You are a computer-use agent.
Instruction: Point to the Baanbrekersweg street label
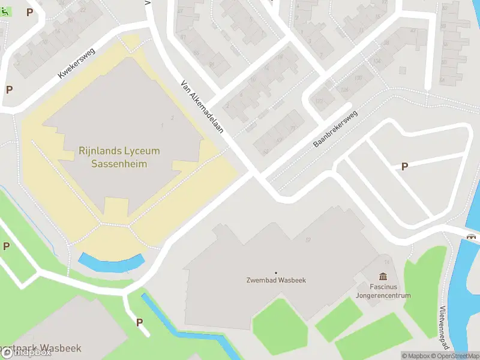pyautogui.click(x=335, y=128)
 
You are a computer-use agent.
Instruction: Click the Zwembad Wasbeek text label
pyautogui.click(x=275, y=280)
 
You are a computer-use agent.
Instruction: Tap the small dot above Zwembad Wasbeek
pyautogui.click(x=276, y=272)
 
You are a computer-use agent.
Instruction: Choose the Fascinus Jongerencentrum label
pyautogui.click(x=383, y=291)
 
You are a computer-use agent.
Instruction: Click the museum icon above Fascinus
pyautogui.click(x=383, y=277)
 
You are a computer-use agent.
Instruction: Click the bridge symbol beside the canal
pyautogui.click(x=472, y=236)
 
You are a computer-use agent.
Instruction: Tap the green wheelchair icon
pyautogui.click(x=5, y=11)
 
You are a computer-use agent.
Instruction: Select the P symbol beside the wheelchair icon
pyautogui.click(x=29, y=12)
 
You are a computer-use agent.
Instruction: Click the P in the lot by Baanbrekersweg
pyautogui.click(x=404, y=166)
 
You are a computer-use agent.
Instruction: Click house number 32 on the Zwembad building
pyautogui.click(x=308, y=240)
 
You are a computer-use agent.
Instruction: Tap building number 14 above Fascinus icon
pyautogui.click(x=387, y=262)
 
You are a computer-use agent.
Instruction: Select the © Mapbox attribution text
pyautogui.click(x=416, y=356)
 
